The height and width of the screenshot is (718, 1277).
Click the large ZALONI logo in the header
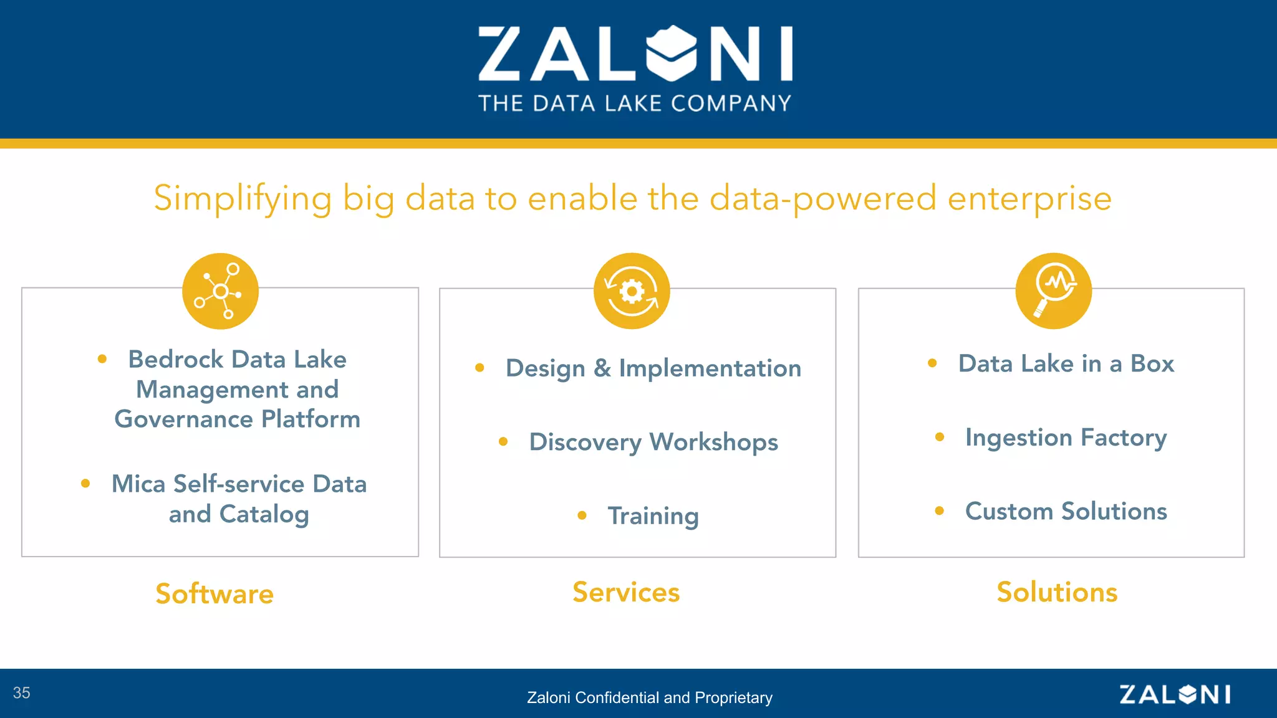point(635,54)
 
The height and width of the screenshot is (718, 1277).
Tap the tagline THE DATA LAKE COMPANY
point(635,103)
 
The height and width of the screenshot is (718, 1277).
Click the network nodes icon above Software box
point(220,291)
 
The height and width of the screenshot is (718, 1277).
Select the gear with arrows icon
point(632,291)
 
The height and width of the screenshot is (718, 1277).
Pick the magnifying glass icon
point(1053,291)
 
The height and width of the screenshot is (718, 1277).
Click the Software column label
point(214,593)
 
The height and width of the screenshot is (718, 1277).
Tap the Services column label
point(626,592)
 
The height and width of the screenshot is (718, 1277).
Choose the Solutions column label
point(1057,592)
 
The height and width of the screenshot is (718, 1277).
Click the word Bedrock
point(176,360)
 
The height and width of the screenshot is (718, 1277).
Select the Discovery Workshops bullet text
point(653,443)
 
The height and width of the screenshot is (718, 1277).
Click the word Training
point(653,516)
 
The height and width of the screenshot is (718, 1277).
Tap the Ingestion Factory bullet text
point(1066,438)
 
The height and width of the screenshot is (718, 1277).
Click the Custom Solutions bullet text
point(1066,511)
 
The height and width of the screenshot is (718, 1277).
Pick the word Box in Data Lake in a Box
point(1152,363)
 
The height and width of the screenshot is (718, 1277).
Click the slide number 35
point(22,693)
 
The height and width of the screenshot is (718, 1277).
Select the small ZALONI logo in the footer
point(1175,694)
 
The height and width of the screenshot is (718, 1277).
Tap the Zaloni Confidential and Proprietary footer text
point(649,697)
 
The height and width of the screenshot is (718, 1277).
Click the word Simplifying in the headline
point(243,199)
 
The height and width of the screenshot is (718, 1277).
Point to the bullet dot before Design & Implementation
point(479,368)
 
